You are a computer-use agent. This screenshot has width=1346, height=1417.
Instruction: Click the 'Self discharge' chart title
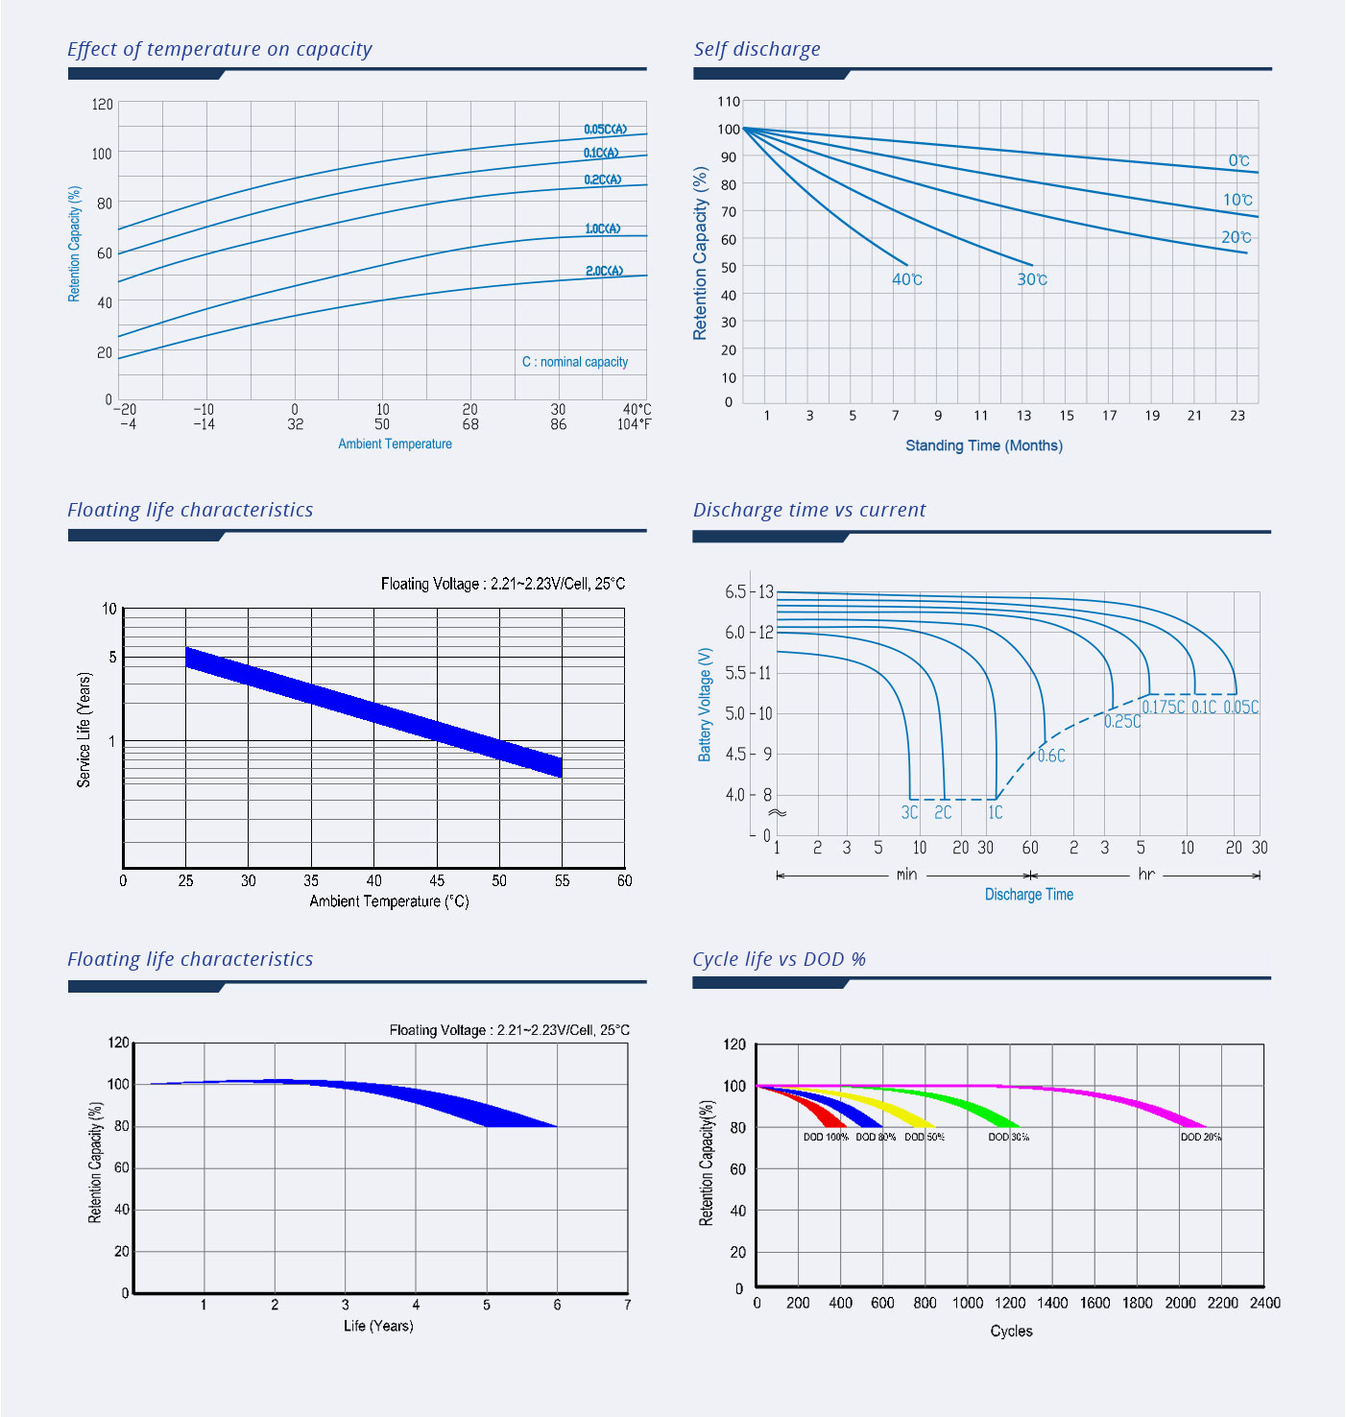pos(757,49)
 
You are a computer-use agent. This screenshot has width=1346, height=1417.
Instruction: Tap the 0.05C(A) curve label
pos(605,129)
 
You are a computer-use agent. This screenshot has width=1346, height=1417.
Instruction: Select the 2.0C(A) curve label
pos(604,271)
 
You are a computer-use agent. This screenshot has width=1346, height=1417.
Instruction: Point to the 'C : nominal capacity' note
pos(574,362)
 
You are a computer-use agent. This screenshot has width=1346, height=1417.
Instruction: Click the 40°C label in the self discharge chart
pos(906,279)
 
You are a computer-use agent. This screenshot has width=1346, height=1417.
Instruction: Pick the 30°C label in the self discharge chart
pos(1031,279)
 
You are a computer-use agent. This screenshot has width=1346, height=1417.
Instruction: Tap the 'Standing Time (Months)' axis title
pos(983,445)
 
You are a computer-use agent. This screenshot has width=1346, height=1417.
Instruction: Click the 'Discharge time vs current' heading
pos(808,510)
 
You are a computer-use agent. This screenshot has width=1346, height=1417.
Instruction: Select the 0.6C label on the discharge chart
pos(1051,756)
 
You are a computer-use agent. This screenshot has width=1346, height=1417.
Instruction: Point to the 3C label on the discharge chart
pos(909,812)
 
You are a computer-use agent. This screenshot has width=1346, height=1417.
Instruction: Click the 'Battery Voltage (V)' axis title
pos(705,705)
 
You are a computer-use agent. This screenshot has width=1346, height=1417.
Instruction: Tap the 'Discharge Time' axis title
pos(1028,895)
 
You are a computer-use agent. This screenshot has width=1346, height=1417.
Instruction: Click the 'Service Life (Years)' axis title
pos(84,730)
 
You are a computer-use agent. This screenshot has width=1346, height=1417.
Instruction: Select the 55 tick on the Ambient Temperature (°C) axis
pos(562,880)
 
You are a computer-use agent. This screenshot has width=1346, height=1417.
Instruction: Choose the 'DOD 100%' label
pos(826,1137)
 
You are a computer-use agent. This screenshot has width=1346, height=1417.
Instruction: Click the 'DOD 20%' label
pos(1200,1137)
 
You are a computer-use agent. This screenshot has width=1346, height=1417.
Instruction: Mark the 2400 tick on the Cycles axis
pos(1264,1303)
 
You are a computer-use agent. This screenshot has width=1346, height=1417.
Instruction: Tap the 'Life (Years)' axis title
pos(378,1326)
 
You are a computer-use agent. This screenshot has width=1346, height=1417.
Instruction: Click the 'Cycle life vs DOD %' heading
pos(779,959)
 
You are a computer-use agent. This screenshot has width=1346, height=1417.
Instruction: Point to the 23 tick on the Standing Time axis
pos(1237,416)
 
